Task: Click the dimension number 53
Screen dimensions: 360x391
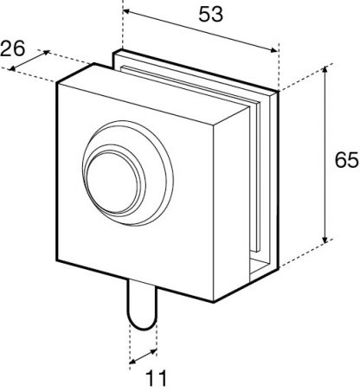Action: (x=210, y=15)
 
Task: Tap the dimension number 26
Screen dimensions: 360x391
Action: (x=13, y=48)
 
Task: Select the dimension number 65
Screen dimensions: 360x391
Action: (x=346, y=160)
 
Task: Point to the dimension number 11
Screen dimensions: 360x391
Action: (x=156, y=378)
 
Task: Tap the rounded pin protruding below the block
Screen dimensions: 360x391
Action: (x=143, y=305)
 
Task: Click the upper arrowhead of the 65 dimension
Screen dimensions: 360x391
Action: (x=325, y=70)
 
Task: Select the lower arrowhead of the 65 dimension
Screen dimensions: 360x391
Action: (x=325, y=239)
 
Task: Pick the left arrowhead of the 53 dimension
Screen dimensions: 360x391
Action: (x=127, y=12)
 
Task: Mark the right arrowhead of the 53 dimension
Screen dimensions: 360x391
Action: (x=273, y=50)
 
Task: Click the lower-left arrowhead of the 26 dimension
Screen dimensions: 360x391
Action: (x=12, y=68)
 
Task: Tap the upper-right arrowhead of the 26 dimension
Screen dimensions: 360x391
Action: (x=46, y=53)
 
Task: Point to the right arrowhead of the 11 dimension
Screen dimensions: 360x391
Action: (x=153, y=352)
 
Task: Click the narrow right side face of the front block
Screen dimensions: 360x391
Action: (x=231, y=202)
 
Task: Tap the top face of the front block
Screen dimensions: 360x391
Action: (x=153, y=95)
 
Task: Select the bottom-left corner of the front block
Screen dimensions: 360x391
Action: (x=57, y=260)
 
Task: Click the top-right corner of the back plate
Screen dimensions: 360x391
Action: (x=279, y=91)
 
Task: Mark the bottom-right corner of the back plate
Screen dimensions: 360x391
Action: (x=279, y=268)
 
